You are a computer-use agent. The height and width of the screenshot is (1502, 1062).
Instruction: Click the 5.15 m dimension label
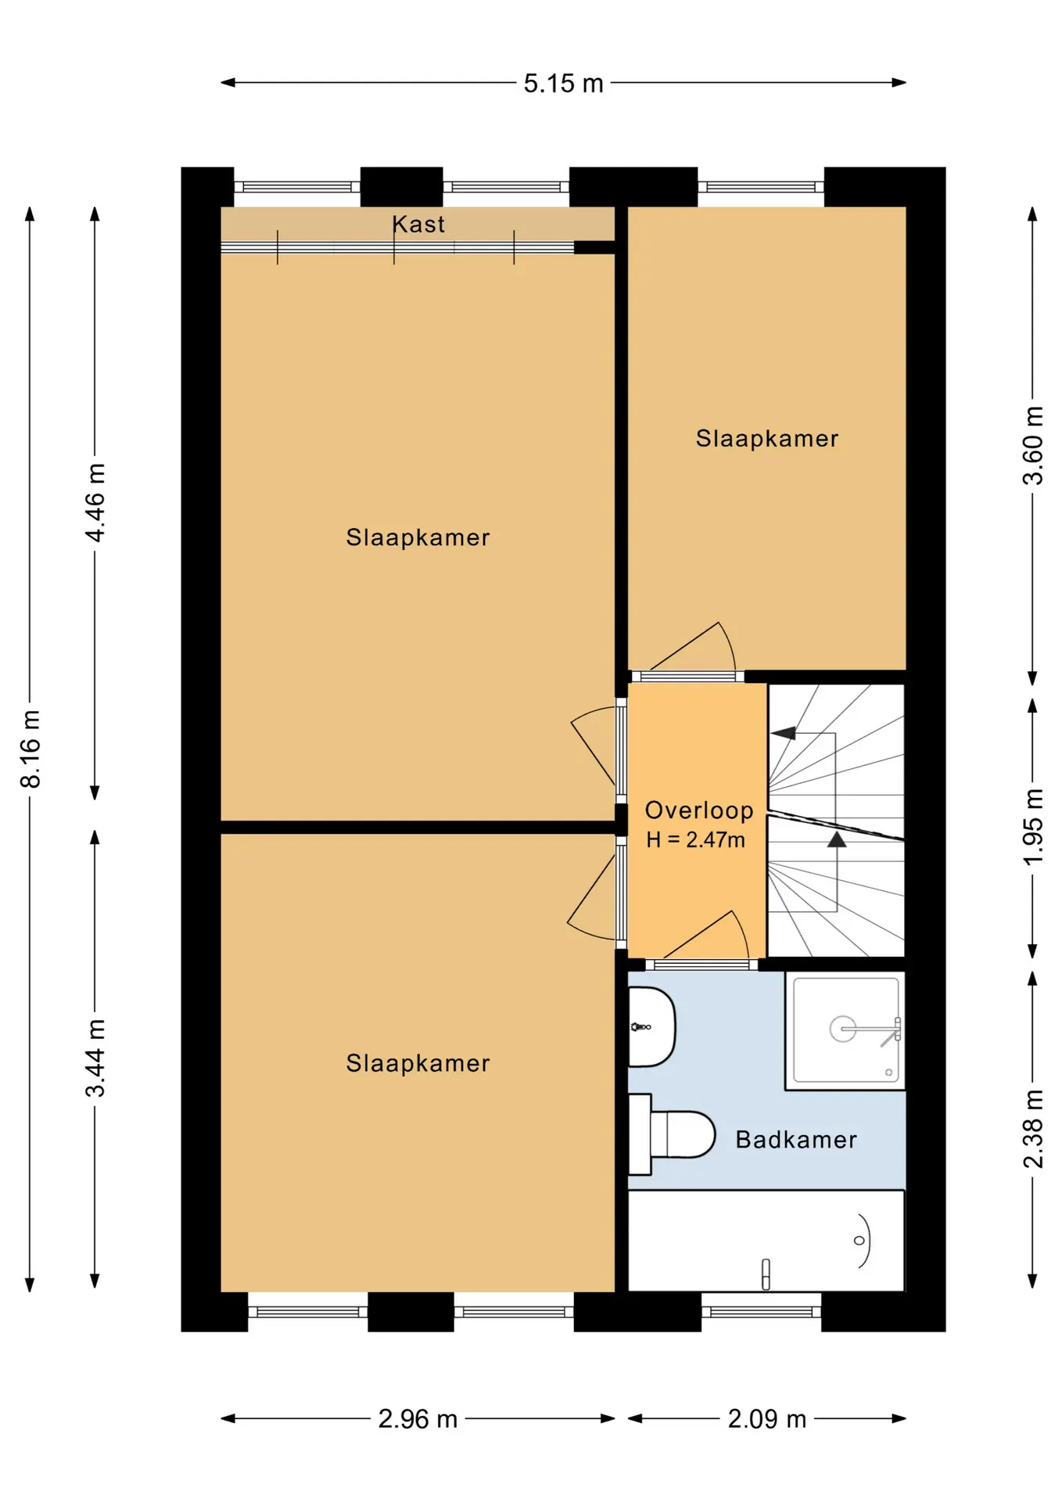pos(563,83)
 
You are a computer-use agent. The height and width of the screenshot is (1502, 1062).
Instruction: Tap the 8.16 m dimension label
pos(30,749)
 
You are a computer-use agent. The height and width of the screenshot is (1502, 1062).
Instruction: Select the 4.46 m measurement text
pos(95,503)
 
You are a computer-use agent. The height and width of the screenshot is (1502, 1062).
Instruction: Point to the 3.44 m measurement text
pos(95,1058)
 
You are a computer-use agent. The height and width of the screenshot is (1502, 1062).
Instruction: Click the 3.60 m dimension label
pos(1033,445)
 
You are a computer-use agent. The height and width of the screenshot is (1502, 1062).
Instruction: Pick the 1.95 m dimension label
pos(1033,827)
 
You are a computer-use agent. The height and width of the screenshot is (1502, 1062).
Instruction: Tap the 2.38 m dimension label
pos(1033,1129)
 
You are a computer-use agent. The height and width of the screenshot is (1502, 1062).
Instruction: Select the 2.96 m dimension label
pos(418,1419)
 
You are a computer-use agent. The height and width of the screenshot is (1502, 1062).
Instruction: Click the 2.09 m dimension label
pos(766,1419)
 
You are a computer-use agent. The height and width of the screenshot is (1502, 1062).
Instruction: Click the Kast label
pos(418,225)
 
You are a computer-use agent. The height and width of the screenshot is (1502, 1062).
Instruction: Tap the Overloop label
pos(699,810)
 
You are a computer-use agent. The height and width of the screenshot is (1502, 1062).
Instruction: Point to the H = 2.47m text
pos(695,840)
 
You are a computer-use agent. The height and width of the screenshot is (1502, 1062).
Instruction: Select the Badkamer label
pos(796,1140)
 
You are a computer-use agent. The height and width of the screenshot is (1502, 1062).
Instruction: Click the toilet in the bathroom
pos(672,1134)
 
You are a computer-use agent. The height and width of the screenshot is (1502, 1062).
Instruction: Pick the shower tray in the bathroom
pos(845,1030)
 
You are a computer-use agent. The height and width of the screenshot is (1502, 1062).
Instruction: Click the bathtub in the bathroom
pos(766,1241)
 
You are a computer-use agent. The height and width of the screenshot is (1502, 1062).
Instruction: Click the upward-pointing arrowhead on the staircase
pos(837,839)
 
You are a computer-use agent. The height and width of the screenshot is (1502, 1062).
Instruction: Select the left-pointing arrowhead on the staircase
pos(784,733)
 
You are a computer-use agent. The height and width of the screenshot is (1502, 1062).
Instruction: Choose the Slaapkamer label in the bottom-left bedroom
pos(418,1063)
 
